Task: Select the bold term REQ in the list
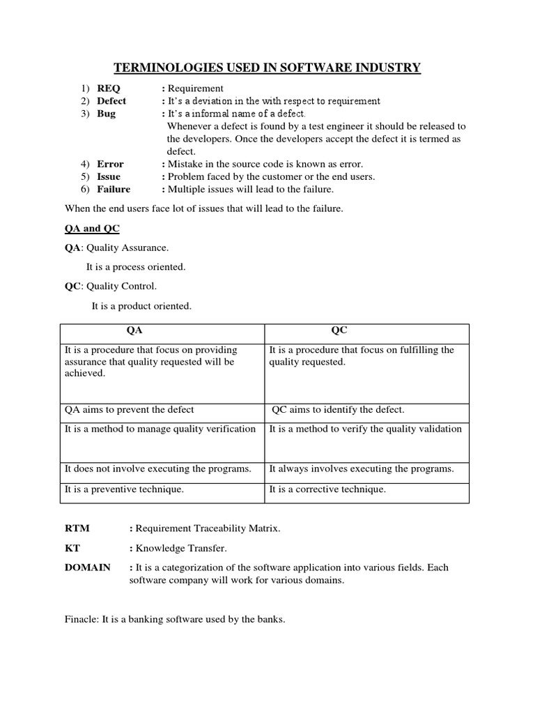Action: tap(108, 89)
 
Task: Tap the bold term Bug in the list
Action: tap(106, 114)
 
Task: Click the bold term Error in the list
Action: tap(110, 164)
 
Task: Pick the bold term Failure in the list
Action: tap(114, 189)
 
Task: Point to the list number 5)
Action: tap(85, 176)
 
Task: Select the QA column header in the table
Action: tap(134, 331)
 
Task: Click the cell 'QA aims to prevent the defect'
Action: tap(130, 409)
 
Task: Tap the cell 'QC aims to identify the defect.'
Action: tap(338, 409)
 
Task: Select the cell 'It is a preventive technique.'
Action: tap(124, 489)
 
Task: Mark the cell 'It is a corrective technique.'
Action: tap(327, 489)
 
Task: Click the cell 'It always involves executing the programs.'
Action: tap(361, 469)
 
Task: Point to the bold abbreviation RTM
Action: tap(77, 529)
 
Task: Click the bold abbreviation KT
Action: tap(72, 548)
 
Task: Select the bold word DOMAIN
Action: tap(87, 568)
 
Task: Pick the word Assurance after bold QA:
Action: tap(148, 248)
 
